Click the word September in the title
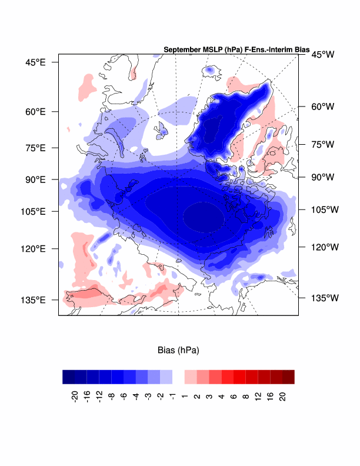pyautogui.click(x=182, y=49)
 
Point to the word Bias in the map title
pyautogui.click(x=292, y=49)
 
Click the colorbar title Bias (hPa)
pyautogui.click(x=178, y=351)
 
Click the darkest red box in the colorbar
pyautogui.click(x=288, y=377)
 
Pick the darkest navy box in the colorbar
pyautogui.click(x=69, y=377)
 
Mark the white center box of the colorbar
pyautogui.click(x=178, y=377)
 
